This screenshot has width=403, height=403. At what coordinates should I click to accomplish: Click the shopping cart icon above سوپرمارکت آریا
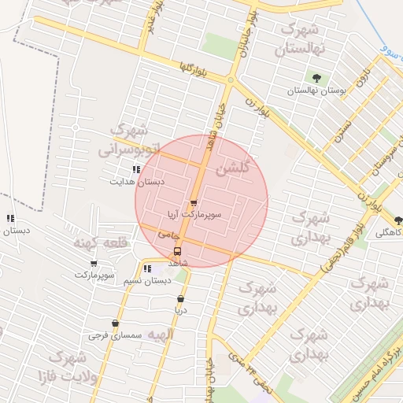[194, 203]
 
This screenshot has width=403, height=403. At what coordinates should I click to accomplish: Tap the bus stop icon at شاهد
[176, 252]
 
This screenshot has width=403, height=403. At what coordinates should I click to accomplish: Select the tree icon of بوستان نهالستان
[316, 78]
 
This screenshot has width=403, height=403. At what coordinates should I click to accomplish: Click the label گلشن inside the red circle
[236, 168]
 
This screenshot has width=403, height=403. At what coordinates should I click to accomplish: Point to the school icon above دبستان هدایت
[136, 169]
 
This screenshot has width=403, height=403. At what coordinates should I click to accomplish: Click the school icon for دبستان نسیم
[147, 268]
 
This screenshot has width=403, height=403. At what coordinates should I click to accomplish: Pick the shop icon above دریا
[181, 298]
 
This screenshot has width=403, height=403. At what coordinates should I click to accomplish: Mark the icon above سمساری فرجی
[115, 323]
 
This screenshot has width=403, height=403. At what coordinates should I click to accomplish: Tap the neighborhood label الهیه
[159, 335]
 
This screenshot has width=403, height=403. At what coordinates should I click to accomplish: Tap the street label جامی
[168, 235]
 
